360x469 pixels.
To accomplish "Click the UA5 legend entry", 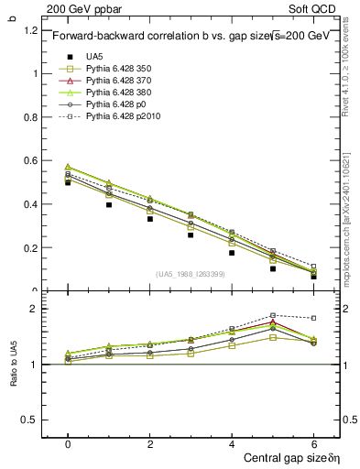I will (x=93, y=56).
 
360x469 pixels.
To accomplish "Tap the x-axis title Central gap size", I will (x=285, y=457).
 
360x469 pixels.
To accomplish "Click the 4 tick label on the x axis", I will (x=232, y=442).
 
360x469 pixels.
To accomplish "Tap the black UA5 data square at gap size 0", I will (x=68, y=182).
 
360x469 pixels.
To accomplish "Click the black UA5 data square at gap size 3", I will (x=191, y=234).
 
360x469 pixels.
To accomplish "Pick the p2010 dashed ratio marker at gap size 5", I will (x=273, y=315).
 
